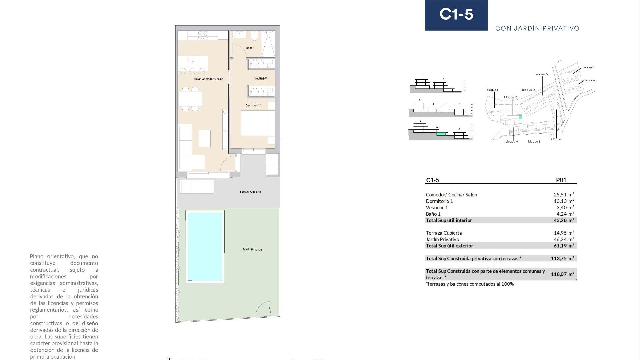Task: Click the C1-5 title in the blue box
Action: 456,14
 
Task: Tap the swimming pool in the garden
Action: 205,247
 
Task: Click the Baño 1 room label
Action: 250,48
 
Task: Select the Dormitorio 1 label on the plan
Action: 253,105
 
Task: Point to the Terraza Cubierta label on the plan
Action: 250,192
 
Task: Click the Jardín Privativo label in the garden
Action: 252,249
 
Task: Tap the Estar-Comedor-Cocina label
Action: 209,79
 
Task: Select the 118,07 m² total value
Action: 562,274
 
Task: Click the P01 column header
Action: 561,180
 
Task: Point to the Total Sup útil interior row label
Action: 449,220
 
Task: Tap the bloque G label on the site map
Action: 541,74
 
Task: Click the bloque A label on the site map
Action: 511,142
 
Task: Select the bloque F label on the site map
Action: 492,90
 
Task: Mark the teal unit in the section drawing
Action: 441,134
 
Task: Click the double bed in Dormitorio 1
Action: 258,123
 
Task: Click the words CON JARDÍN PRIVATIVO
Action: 537,28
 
